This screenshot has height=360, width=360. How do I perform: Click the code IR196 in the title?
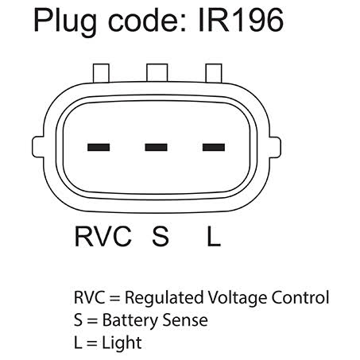(241, 20)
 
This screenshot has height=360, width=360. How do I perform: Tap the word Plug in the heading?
(65, 22)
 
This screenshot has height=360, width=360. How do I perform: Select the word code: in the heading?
(147, 21)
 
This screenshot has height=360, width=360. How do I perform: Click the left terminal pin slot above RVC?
(99, 147)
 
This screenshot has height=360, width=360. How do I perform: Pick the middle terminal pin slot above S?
(156, 147)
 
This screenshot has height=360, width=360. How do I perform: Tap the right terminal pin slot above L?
(214, 147)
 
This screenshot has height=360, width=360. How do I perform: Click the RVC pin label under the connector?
(103, 236)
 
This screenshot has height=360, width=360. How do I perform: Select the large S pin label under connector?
(161, 236)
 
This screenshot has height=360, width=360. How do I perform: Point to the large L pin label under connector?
(214, 236)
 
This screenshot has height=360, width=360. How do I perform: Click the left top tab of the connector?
(101, 73)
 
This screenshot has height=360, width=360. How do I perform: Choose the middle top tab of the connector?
(157, 72)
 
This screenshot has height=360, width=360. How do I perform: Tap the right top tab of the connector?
(214, 73)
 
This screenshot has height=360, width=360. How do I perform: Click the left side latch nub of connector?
(38, 147)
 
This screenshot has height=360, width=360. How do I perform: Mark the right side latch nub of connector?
(275, 147)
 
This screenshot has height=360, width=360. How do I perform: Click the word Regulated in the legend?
(165, 298)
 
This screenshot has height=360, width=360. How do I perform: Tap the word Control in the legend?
(300, 297)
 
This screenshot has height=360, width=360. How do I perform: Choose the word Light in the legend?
(122, 343)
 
